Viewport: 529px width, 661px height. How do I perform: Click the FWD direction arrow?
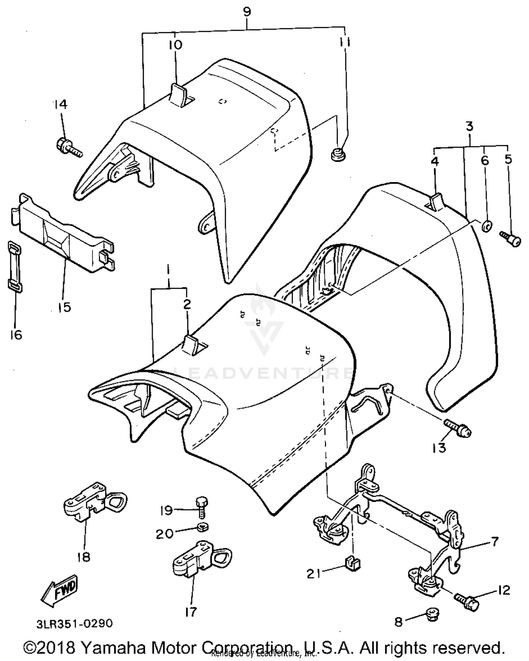(x=59, y=592)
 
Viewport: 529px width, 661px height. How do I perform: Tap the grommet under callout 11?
(x=338, y=154)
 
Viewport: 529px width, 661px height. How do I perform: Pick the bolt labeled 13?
(x=457, y=427)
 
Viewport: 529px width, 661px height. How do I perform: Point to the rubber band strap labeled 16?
(x=15, y=267)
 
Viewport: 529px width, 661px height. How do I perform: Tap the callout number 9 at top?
(x=247, y=12)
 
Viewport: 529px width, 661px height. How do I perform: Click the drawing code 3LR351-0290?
(x=74, y=623)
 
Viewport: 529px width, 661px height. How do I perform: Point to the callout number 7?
(x=494, y=541)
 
